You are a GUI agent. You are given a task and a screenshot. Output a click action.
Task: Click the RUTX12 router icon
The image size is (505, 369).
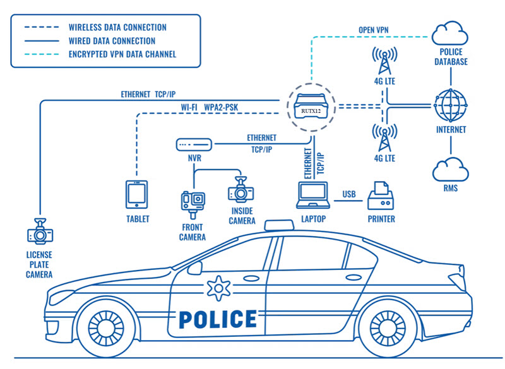pyautogui.click(x=309, y=107)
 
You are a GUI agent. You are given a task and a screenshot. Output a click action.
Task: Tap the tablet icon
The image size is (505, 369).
pyautogui.click(x=137, y=194)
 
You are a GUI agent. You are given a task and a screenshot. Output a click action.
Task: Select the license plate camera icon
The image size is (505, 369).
pyautogui.click(x=40, y=231)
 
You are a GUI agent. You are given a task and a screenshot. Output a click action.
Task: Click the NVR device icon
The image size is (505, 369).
pyautogui.click(x=194, y=144)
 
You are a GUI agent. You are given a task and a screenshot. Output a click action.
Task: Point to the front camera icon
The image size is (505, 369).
pyautogui.click(x=193, y=201)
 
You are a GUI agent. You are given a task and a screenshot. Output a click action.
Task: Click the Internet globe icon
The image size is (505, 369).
pyautogui.click(x=451, y=105)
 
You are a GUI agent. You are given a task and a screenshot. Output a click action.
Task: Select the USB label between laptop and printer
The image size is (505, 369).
pyautogui.click(x=349, y=193)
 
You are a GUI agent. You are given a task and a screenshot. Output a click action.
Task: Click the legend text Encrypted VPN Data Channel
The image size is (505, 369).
pyautogui.click(x=122, y=54)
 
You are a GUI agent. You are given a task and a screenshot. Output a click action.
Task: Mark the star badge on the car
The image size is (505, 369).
pyautogui.click(x=217, y=288)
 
